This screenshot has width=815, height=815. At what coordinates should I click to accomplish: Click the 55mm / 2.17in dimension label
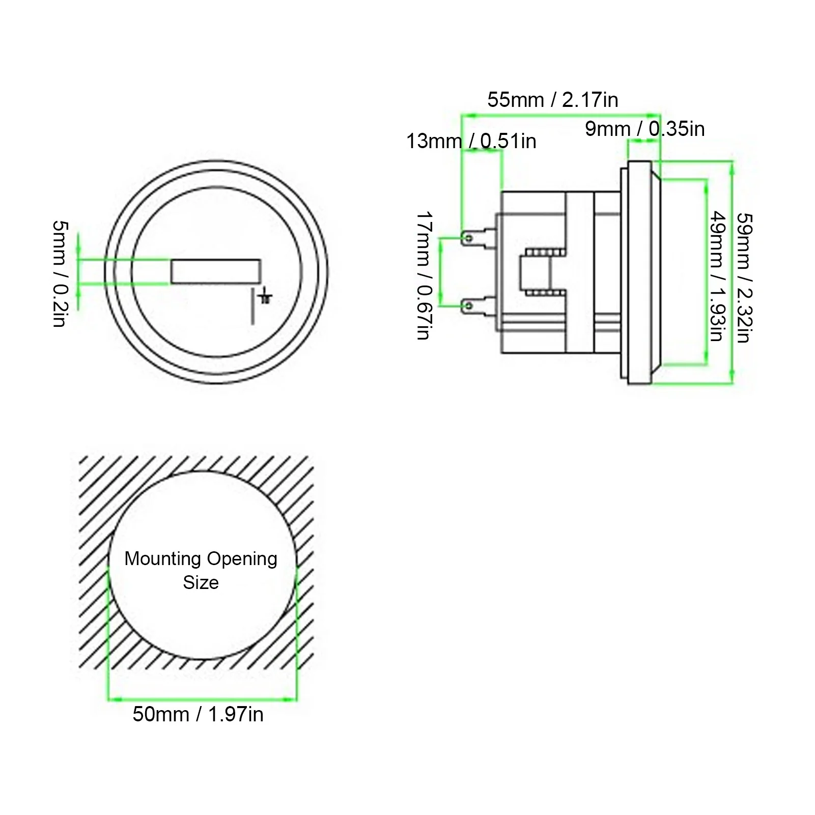[x=553, y=100]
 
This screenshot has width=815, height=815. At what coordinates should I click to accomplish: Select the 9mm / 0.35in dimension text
[x=644, y=129]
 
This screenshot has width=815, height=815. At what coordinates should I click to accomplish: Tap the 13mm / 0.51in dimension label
[x=471, y=141]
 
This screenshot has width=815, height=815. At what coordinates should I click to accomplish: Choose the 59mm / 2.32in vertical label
[x=744, y=277]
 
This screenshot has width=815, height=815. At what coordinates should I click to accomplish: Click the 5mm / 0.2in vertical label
[x=60, y=273]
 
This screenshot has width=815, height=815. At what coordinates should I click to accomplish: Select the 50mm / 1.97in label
[x=198, y=714]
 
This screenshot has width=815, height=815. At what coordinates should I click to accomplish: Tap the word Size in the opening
[x=201, y=582]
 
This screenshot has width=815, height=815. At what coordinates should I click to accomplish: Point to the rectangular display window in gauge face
[x=216, y=271]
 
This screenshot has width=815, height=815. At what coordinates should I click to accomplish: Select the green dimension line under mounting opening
[x=202, y=699]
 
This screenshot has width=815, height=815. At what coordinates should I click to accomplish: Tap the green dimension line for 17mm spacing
[x=441, y=271]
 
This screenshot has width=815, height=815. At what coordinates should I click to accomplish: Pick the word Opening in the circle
[x=242, y=559]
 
